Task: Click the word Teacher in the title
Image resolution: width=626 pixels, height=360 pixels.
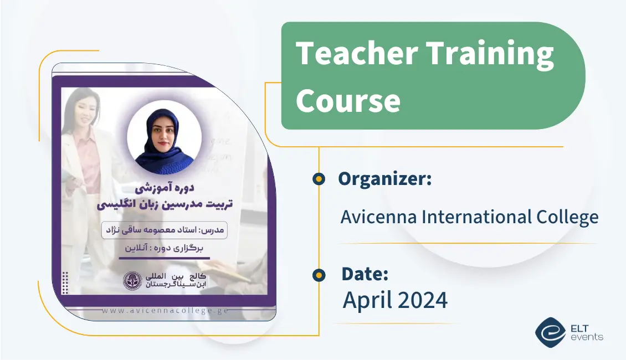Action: (x=355, y=54)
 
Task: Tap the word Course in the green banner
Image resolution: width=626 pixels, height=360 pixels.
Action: (x=347, y=101)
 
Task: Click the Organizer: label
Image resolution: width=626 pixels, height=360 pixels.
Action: (x=384, y=179)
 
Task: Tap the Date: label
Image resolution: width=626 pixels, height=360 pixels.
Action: (x=365, y=274)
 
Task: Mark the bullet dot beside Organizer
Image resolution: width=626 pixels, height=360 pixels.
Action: (x=319, y=179)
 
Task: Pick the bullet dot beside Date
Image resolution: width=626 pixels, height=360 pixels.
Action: (x=319, y=274)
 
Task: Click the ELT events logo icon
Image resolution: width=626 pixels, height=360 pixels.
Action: (x=550, y=331)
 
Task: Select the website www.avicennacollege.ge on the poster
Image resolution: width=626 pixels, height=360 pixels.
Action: (x=165, y=310)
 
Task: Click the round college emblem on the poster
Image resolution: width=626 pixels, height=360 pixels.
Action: (x=132, y=281)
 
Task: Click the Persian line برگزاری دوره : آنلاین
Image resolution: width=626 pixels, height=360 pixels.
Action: (x=165, y=249)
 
